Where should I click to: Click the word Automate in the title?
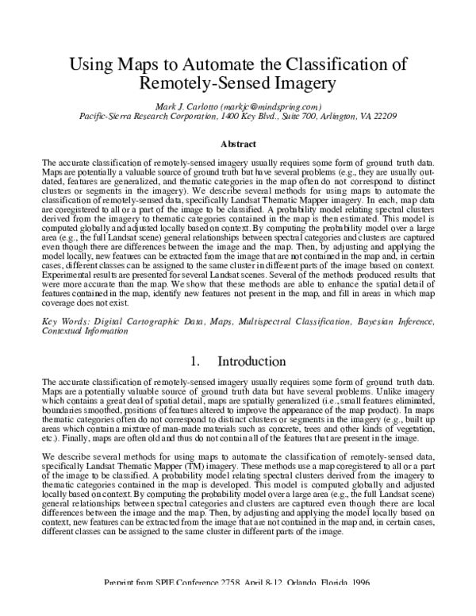pyautogui.click(x=205, y=64)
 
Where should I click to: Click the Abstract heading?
pyautogui.click(x=238, y=145)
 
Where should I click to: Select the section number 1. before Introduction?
pyautogui.click(x=196, y=361)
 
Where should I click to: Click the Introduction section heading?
pyautogui.click(x=251, y=361)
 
